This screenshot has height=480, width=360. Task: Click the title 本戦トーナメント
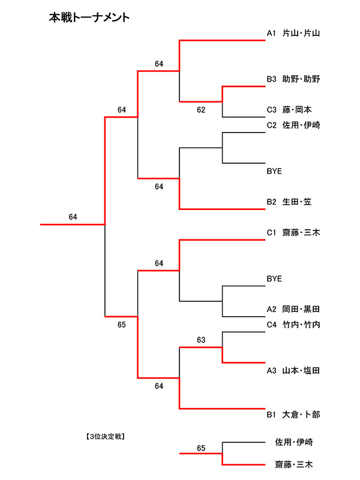click(x=89, y=18)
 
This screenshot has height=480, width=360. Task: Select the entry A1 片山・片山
click(x=293, y=34)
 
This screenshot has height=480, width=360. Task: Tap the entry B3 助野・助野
click(x=293, y=79)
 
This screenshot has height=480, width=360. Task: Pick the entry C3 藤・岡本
click(x=289, y=110)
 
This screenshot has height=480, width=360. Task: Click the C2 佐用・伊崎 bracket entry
click(x=293, y=125)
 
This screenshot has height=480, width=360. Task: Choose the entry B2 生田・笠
click(x=289, y=202)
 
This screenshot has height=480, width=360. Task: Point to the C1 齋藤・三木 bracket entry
click(x=293, y=232)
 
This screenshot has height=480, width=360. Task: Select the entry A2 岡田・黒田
click(x=293, y=309)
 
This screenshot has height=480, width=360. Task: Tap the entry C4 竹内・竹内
click(x=293, y=325)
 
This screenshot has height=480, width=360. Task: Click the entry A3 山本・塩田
click(x=293, y=371)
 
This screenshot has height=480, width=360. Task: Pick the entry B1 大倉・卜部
click(x=293, y=414)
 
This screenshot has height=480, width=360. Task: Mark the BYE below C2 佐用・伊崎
click(x=274, y=171)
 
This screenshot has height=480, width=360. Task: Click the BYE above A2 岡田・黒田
click(x=274, y=278)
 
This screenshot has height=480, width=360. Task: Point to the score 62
click(x=201, y=110)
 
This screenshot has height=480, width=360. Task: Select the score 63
click(x=201, y=340)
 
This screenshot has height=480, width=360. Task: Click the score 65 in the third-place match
click(x=201, y=448)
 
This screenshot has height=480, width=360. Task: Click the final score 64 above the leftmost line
click(x=73, y=217)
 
